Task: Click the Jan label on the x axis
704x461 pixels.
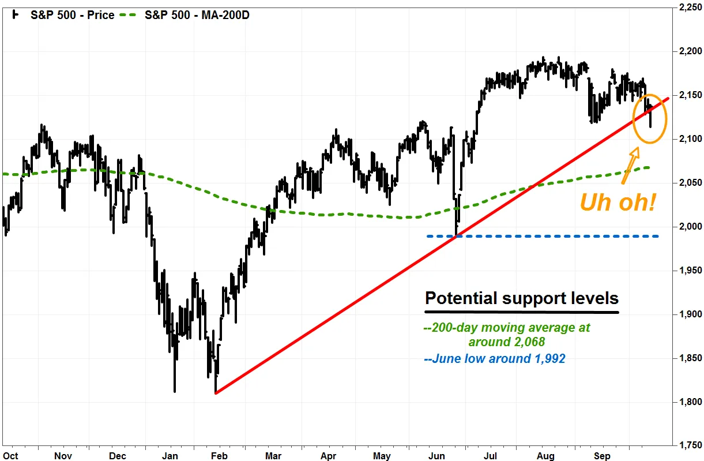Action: click(170, 456)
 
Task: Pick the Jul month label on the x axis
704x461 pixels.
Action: click(491, 456)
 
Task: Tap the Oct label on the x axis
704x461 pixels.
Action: click(10, 456)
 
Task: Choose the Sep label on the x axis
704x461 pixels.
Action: click(602, 456)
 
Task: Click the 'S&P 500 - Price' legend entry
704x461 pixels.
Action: click(72, 15)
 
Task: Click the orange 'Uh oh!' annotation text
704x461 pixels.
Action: click(618, 203)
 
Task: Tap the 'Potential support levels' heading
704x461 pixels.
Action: click(521, 298)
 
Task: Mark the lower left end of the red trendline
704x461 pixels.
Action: click(216, 393)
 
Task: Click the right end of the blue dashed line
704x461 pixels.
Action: click(658, 236)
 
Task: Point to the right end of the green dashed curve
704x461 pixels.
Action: click(649, 168)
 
